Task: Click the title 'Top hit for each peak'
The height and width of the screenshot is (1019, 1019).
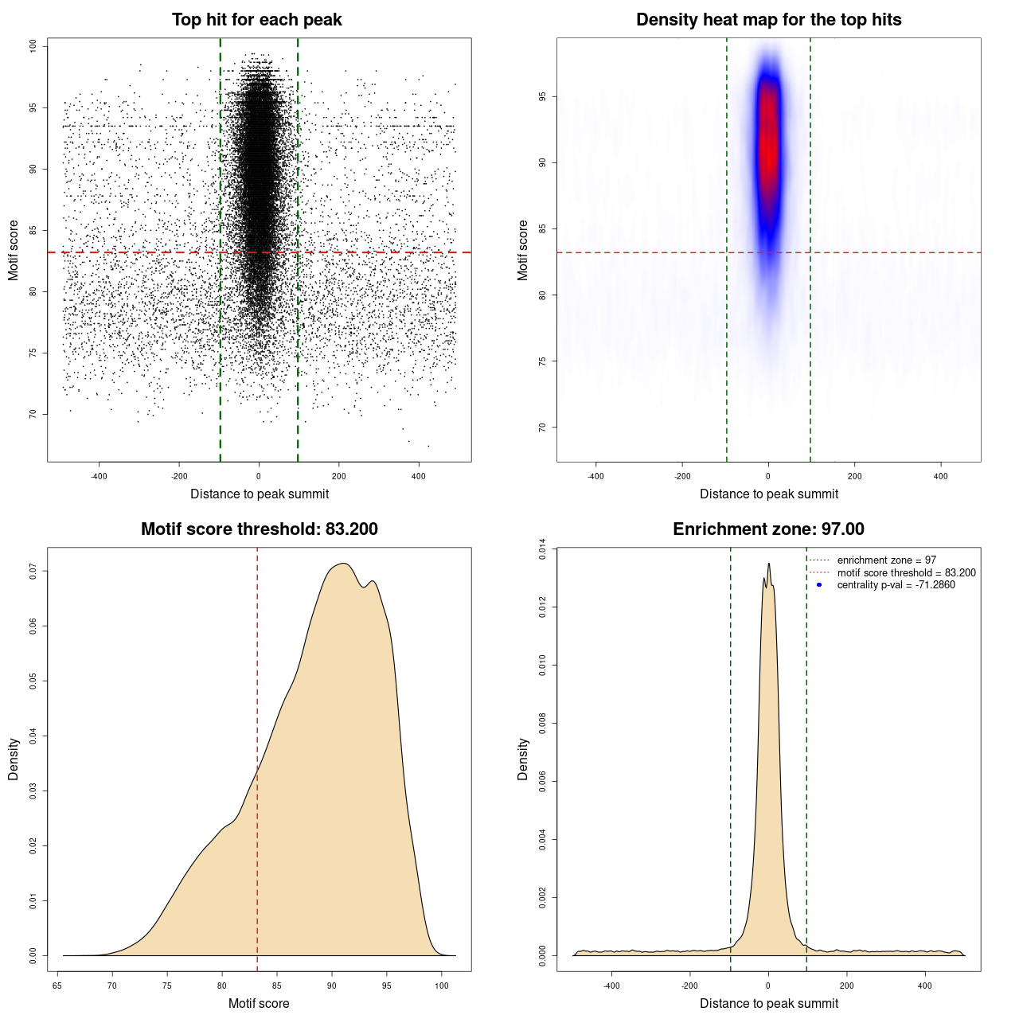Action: point(256,20)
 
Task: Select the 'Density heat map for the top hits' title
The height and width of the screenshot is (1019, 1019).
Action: point(768,20)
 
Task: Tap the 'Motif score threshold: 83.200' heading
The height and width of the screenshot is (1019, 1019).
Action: point(259,529)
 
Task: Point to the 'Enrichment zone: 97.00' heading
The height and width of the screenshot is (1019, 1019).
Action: point(768,529)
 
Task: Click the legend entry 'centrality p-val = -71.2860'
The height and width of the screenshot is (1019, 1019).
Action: point(896,585)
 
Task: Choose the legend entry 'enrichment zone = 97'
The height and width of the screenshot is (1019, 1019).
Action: point(886,560)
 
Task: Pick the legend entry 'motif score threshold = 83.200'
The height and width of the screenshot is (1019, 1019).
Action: point(906,573)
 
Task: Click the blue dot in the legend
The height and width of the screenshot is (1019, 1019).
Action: point(819,585)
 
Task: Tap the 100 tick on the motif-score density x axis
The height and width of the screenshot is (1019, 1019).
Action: point(442,986)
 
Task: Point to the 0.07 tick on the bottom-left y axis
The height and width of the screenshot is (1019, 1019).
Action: point(33,571)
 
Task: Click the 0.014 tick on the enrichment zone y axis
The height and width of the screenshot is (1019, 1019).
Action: point(543,549)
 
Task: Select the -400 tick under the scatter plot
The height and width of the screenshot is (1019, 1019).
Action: point(99,476)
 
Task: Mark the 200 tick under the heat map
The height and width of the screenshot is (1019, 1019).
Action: point(854,476)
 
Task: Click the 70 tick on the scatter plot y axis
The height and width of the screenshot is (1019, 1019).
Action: point(33,414)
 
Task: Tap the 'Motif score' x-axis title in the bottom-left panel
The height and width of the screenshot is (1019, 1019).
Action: point(259,1003)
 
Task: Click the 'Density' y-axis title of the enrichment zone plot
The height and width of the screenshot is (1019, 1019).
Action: point(523,759)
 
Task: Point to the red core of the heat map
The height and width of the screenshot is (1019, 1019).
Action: point(767,143)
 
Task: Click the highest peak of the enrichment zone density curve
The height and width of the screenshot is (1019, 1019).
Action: point(768,564)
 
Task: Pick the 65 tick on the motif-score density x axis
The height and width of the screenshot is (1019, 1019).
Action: point(57,986)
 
